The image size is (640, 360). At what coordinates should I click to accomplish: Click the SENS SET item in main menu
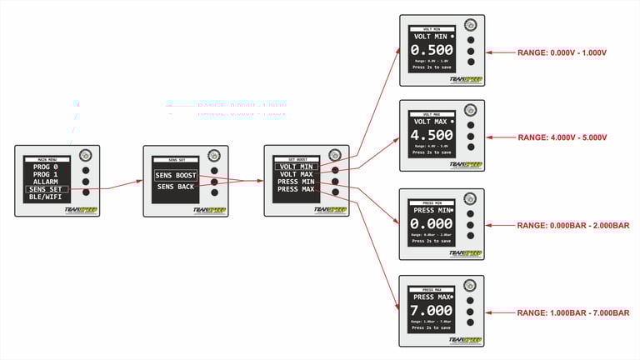[x=47, y=189]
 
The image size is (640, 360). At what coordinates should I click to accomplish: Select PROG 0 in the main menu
[x=47, y=167]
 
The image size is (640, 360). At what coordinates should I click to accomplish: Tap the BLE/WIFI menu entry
[x=47, y=197]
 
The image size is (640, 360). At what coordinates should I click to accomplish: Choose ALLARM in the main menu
[x=47, y=182]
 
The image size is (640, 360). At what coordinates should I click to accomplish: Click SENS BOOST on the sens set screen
[x=175, y=175]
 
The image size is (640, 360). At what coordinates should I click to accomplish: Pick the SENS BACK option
[x=175, y=187]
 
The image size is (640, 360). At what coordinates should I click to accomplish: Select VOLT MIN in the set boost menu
[x=296, y=166]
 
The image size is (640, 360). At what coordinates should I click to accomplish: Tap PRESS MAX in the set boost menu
[x=296, y=189]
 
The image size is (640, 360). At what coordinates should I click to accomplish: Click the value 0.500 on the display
[x=432, y=50]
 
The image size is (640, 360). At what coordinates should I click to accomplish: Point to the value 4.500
[x=432, y=135]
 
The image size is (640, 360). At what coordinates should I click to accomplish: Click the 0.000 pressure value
[x=432, y=225]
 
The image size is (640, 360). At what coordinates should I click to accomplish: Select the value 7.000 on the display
[x=432, y=311]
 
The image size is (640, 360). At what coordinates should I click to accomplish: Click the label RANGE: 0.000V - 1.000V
[x=562, y=52]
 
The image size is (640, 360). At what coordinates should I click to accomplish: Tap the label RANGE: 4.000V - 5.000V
[x=562, y=137]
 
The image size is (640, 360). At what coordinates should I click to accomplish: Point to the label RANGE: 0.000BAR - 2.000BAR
[x=573, y=226]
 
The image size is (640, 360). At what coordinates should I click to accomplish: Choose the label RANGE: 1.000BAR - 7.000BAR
[x=573, y=312]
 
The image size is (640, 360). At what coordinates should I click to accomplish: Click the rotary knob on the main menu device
[x=85, y=156]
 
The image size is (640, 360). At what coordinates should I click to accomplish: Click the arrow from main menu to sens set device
[x=121, y=185]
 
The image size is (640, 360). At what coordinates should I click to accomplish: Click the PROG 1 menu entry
[x=47, y=174]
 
